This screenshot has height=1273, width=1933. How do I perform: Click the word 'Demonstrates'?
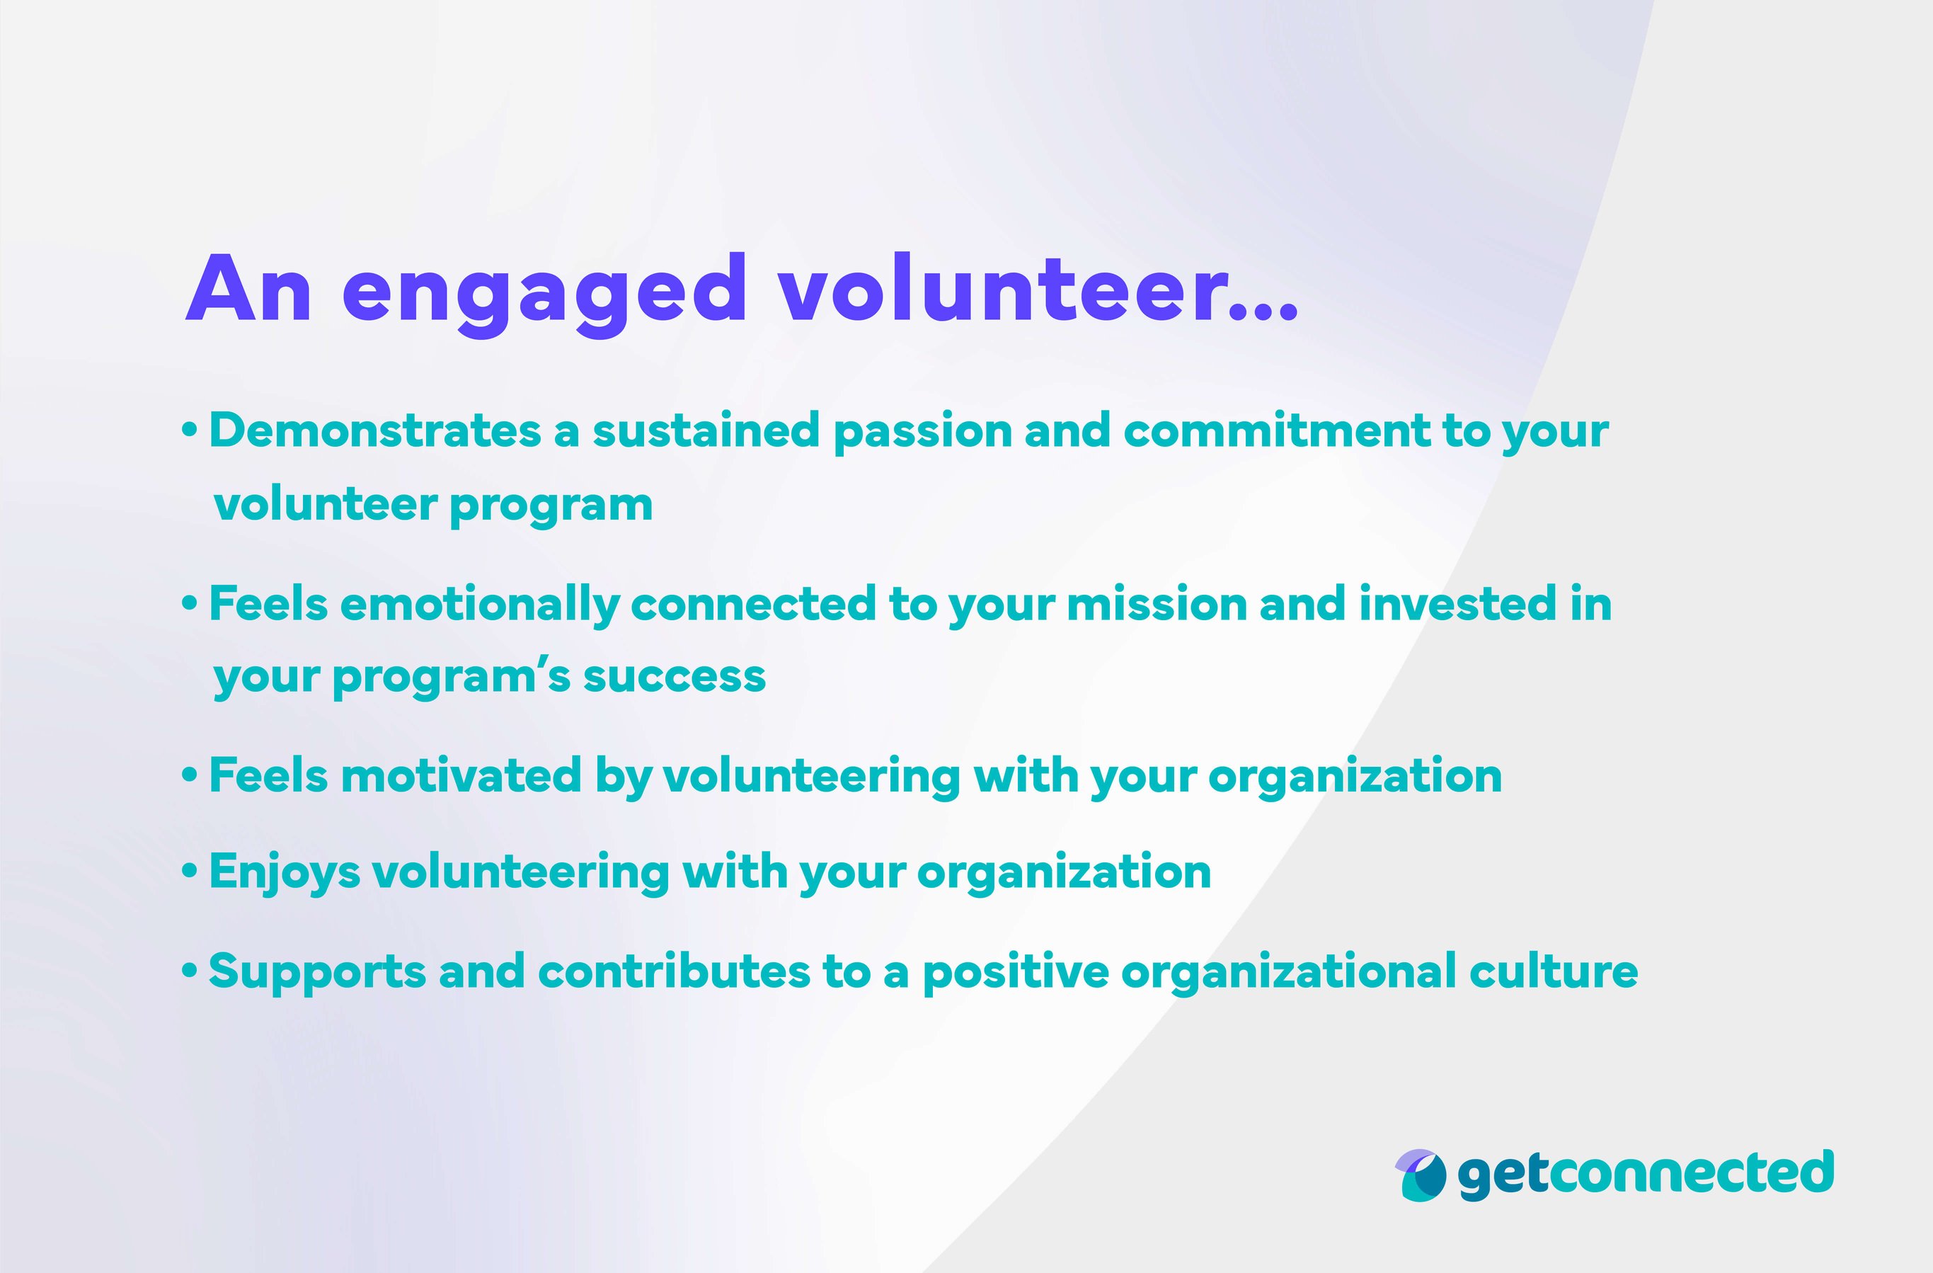coord(375,430)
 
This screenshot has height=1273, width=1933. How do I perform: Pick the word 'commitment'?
coord(1276,430)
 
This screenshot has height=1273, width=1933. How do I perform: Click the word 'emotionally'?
coord(479,605)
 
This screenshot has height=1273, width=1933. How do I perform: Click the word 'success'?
coord(674,676)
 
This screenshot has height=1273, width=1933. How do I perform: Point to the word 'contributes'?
coord(673,971)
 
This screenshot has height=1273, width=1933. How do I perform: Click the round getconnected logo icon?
coord(1421,1175)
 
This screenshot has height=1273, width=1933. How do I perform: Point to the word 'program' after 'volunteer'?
coord(551,506)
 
